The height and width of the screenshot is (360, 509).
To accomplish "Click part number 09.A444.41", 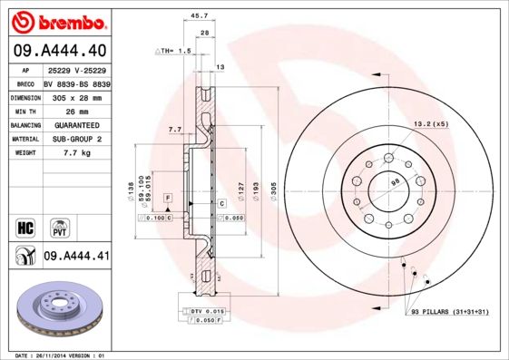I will pyautogui.click(x=76, y=258).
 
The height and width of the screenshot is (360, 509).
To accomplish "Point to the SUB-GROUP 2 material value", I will pyautogui.click(x=75, y=139).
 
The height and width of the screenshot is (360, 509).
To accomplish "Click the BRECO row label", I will pyautogui.click(x=26, y=83).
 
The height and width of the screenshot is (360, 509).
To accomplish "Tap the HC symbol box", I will pyautogui.click(x=26, y=226).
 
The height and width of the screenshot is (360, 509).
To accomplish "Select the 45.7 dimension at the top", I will pyautogui.click(x=193, y=15).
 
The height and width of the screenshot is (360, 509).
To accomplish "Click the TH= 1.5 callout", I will pyautogui.click(x=174, y=51).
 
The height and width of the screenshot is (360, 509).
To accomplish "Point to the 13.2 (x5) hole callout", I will pyautogui.click(x=431, y=123).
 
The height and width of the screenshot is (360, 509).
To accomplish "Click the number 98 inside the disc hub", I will pyautogui.click(x=395, y=185).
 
